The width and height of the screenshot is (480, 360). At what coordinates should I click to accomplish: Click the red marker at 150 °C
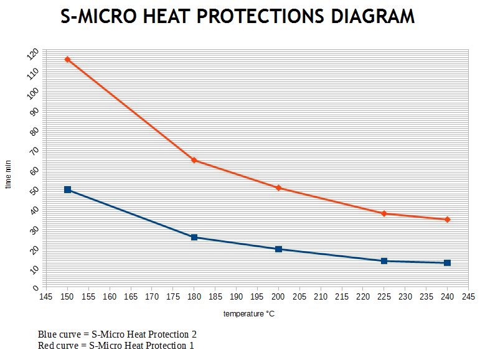67,60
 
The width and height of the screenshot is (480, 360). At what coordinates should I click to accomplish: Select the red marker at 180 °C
194,160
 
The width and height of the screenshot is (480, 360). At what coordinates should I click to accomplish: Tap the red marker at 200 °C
278,188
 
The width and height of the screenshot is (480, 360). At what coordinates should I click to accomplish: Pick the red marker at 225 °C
384,214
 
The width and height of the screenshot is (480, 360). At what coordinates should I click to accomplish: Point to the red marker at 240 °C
447,219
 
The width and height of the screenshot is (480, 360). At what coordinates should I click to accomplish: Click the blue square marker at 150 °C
67,189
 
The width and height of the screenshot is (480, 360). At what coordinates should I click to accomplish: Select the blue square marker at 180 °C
194,237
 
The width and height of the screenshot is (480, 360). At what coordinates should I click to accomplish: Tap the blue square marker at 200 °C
278,249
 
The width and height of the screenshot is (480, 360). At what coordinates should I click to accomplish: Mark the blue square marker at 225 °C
384,261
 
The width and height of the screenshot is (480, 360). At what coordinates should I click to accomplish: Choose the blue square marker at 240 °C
447,263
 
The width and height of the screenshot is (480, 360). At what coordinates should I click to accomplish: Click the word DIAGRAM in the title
372,17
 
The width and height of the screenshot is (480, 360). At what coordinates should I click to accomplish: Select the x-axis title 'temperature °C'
249,314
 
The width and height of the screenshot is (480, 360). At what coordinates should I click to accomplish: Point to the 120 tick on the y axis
33,54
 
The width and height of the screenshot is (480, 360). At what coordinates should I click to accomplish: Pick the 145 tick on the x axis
46,296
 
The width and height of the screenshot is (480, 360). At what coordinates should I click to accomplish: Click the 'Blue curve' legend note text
117,334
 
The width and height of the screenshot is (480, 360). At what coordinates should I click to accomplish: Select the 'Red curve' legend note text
116,345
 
